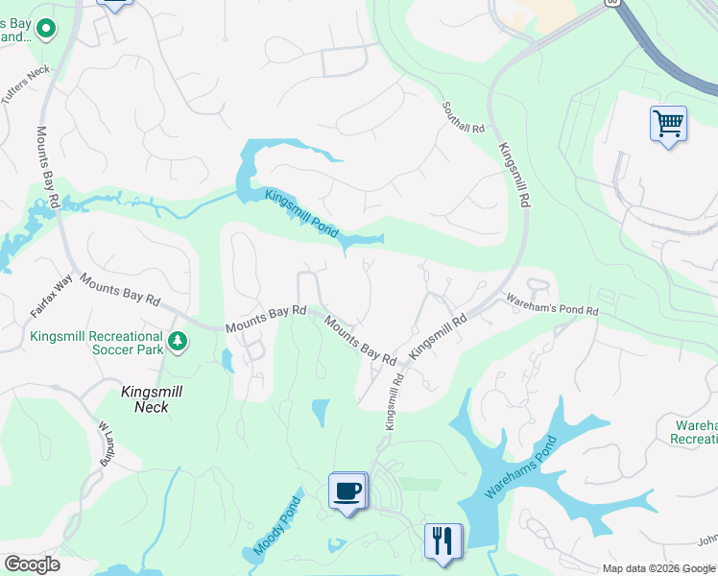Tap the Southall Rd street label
point(464,116)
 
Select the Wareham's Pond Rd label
point(551,305)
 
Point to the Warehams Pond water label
point(519,468)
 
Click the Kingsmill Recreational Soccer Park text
point(96,344)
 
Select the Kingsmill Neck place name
point(145,399)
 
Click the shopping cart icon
point(668,124)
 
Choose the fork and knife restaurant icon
point(443,540)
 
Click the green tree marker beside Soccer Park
point(177,341)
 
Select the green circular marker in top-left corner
point(44,32)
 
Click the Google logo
point(32,564)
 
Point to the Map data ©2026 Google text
point(658,568)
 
